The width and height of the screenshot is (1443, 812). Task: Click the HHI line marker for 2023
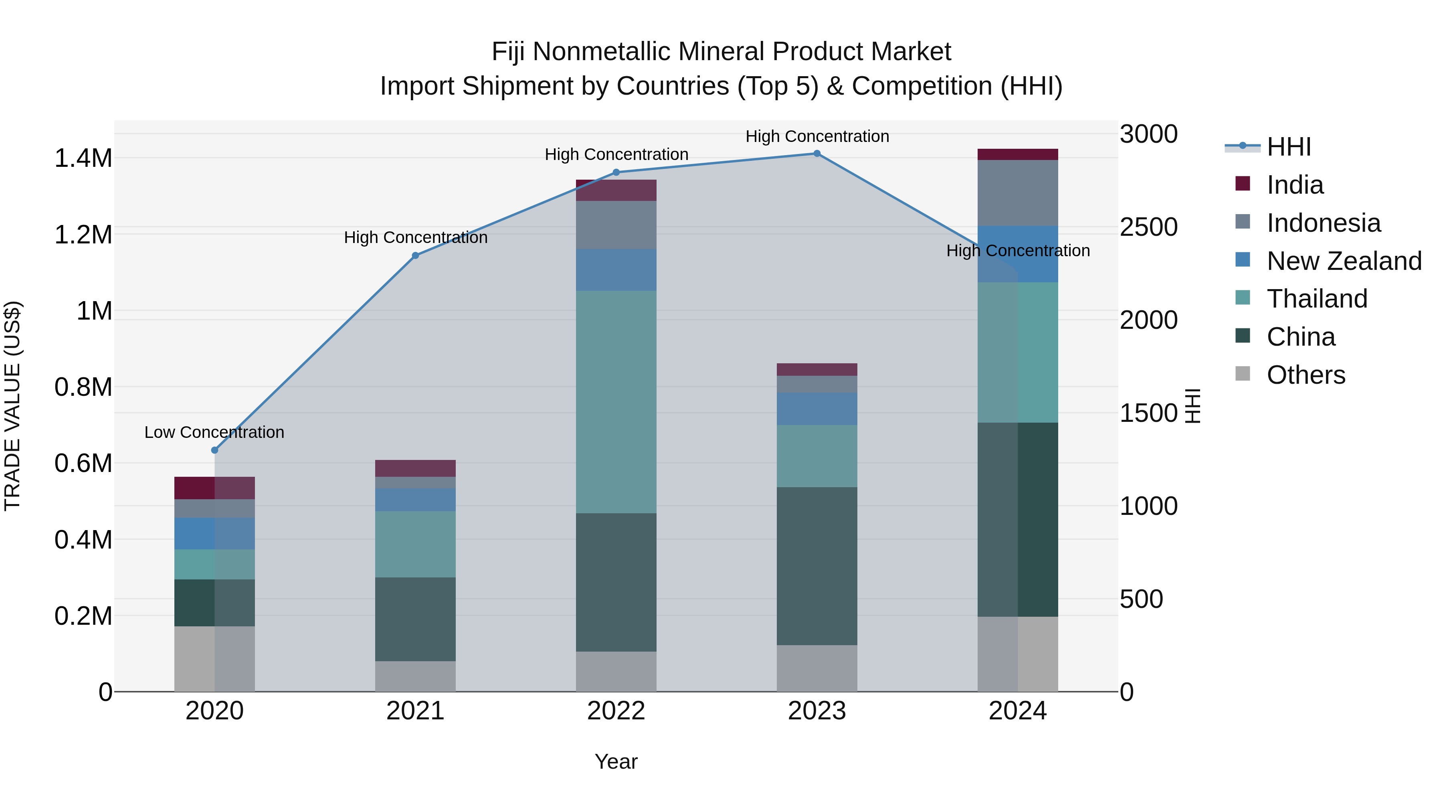point(817,154)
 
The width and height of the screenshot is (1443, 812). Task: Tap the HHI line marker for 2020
point(214,450)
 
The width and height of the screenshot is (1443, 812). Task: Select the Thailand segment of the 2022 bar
point(616,402)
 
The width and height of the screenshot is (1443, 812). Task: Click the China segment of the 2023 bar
point(817,566)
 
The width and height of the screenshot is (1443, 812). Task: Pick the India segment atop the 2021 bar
point(415,468)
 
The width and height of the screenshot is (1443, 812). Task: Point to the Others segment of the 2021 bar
point(415,676)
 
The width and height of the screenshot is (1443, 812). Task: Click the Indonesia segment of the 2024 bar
point(1018,193)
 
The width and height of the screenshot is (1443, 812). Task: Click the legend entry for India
point(1295,185)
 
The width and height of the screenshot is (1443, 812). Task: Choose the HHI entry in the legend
point(1288,147)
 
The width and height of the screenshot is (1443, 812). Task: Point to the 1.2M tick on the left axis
point(83,235)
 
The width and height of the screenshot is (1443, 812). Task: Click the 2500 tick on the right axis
point(1148,227)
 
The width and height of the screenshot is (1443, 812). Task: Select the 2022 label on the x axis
point(616,711)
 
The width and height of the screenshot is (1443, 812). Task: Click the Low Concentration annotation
point(214,432)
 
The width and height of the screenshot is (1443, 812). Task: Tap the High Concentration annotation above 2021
point(415,238)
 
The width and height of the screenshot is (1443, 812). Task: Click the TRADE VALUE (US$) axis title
point(12,406)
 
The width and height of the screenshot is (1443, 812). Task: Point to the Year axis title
point(616,761)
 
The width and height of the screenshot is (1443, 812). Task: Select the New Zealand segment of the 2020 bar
point(214,533)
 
